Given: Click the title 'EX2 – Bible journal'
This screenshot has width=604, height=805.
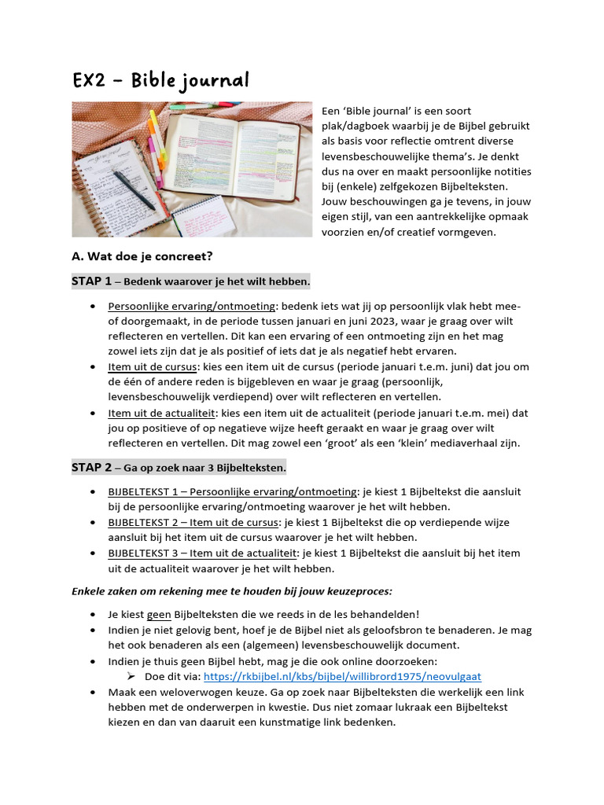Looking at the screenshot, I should pyautogui.click(x=160, y=80).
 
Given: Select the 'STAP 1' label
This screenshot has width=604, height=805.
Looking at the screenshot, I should pyautogui.click(x=91, y=281).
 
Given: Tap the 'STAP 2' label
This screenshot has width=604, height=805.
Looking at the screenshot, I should pyautogui.click(x=91, y=468).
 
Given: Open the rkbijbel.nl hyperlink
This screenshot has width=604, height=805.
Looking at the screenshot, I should pyautogui.click(x=341, y=676).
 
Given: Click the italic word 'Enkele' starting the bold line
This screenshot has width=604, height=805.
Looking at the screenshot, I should pyautogui.click(x=89, y=590).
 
